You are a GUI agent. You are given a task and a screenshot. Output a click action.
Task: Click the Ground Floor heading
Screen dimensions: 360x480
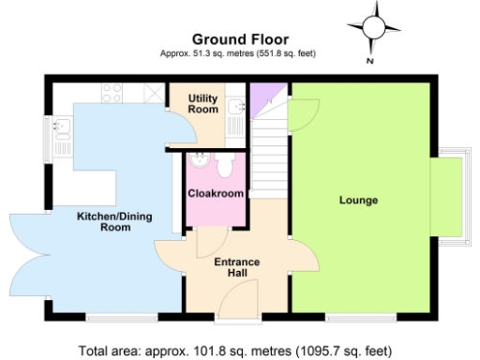coord(239,38)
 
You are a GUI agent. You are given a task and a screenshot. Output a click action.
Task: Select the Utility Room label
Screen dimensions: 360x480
coord(202,103)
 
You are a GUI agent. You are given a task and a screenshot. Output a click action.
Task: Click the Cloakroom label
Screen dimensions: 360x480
coord(217,193)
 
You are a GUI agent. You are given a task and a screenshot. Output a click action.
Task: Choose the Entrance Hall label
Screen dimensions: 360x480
coord(236,267)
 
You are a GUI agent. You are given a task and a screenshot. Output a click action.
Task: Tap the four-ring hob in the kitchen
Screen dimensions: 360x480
coord(112,93)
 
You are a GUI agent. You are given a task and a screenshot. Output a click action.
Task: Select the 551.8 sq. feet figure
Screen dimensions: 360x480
coord(288,53)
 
